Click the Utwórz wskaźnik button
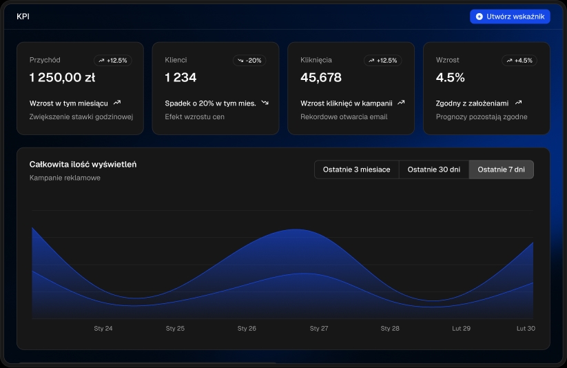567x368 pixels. pos(510,16)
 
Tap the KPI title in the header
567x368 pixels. pos(23,16)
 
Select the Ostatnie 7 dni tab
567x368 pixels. pos(501,170)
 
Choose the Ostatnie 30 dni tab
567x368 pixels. pos(433,170)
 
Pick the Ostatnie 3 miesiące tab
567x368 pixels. pos(356,170)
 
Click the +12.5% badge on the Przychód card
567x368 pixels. pos(112,61)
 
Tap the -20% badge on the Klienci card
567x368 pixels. pos(249,61)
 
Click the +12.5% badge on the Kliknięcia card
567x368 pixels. pos(382,61)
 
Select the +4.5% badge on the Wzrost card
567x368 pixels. pos(519,61)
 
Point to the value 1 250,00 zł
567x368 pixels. pos(62,78)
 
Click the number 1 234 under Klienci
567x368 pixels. pos(181,78)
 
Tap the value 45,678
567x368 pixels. pos(321,78)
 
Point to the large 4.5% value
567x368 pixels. pos(451,78)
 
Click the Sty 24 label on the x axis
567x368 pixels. pos(103,329)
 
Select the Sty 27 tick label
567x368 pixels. pos(319,329)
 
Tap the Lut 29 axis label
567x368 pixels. pos(461,329)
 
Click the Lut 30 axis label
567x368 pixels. pos(526,329)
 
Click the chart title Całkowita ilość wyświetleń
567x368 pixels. pos(83,164)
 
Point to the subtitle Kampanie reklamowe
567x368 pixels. pos(65,178)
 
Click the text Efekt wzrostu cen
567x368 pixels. pos(194,116)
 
